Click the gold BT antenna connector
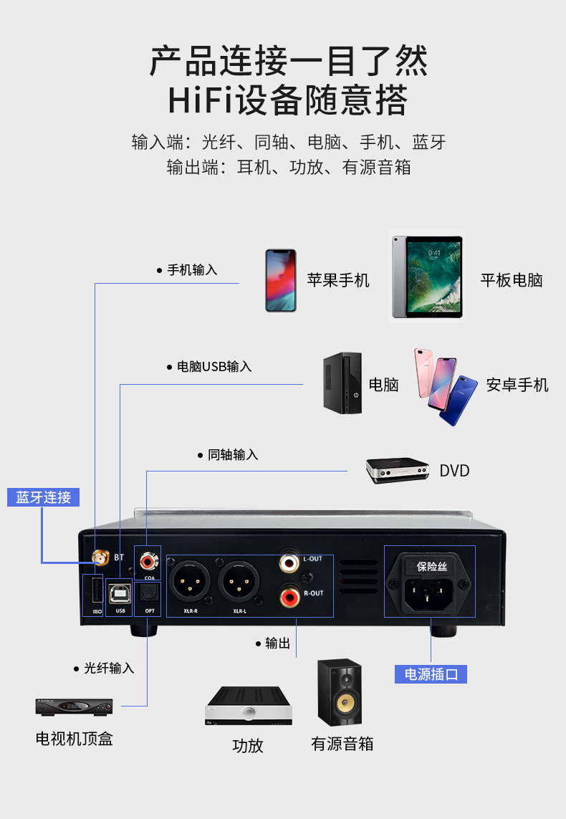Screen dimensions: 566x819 98,557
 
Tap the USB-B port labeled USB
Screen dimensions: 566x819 120,592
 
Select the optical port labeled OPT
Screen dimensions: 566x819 149,592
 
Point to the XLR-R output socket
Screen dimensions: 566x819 190,580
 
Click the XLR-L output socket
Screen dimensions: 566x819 239,580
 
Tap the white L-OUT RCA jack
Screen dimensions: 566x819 289,562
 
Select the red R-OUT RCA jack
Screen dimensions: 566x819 289,595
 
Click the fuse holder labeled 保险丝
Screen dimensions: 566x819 431,567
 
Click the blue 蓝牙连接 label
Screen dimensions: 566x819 43,497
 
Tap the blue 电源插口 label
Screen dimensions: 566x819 431,674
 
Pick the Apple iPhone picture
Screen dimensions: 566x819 280,280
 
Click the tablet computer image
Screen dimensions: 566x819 427,276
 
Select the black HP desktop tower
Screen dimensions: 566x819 342,383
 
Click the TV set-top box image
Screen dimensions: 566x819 74,706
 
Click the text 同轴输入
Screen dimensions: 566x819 233,455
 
